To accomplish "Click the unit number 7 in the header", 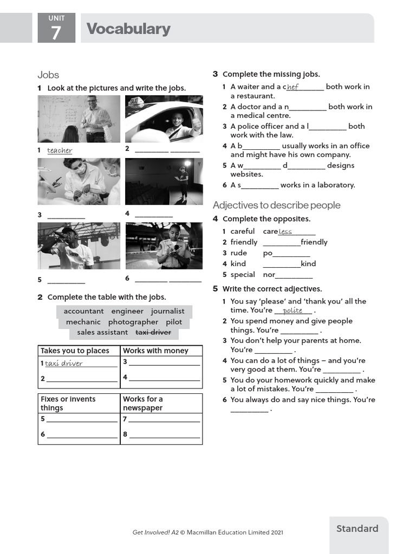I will (x=56, y=34).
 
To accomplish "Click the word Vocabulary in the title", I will (x=128, y=29).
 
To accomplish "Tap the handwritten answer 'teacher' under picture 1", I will (x=60, y=150).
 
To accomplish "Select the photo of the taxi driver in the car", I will (x=164, y=118).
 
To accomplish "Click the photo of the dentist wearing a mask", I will (x=79, y=181).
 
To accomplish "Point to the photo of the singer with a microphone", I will (x=79, y=246).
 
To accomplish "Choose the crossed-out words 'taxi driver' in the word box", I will (x=153, y=332).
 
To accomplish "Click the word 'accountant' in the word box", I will (x=83, y=311).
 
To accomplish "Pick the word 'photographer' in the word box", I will (x=133, y=322).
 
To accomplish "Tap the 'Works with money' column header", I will (x=155, y=351).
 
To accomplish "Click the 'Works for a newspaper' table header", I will (x=143, y=403).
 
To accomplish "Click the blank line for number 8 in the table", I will (x=164, y=434).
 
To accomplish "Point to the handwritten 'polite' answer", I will (x=292, y=311).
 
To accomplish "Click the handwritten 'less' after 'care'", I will (x=285, y=232).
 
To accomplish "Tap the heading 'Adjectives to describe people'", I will (x=276, y=205).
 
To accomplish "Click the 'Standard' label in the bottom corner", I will (x=357, y=529).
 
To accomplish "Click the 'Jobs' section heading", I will (x=48, y=75).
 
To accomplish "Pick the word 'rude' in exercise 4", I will (x=238, y=253).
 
